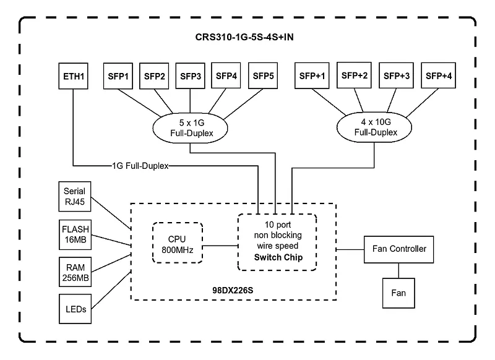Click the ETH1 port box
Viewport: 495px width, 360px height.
click(73, 76)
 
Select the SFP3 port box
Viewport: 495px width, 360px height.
click(190, 76)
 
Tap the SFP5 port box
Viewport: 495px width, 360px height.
click(263, 75)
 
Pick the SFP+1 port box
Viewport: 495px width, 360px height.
click(312, 75)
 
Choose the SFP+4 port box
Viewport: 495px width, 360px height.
click(439, 75)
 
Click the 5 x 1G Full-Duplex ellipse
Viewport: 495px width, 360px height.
click(190, 128)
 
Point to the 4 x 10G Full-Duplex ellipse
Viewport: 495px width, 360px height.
click(374, 127)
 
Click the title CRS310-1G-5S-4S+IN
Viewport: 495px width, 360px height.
click(244, 37)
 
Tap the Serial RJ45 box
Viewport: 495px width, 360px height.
click(75, 196)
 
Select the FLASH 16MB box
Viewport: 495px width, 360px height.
click(75, 234)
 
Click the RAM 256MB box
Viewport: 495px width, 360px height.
click(75, 272)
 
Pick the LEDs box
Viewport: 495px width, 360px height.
click(75, 309)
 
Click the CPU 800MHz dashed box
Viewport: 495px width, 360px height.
click(178, 243)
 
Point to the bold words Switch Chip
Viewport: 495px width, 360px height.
click(278, 257)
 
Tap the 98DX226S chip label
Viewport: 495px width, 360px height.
click(233, 290)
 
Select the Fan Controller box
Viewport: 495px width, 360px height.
click(398, 249)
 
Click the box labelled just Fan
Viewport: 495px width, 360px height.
click(398, 293)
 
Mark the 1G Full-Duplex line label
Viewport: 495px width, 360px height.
click(140, 166)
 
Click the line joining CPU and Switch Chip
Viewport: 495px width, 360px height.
click(220, 246)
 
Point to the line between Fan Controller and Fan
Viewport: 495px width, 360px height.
click(398, 271)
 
